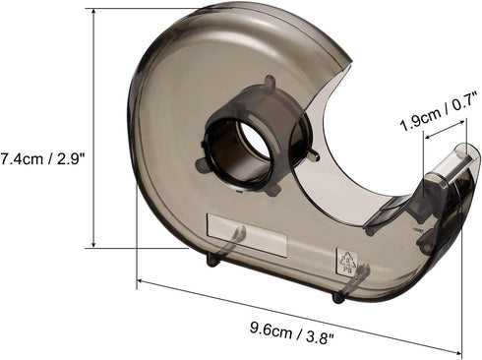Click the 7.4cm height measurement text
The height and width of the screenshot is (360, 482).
[21, 156]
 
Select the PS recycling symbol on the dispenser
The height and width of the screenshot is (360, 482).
[344, 260]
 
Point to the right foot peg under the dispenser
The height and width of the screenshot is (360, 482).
[338, 295]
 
